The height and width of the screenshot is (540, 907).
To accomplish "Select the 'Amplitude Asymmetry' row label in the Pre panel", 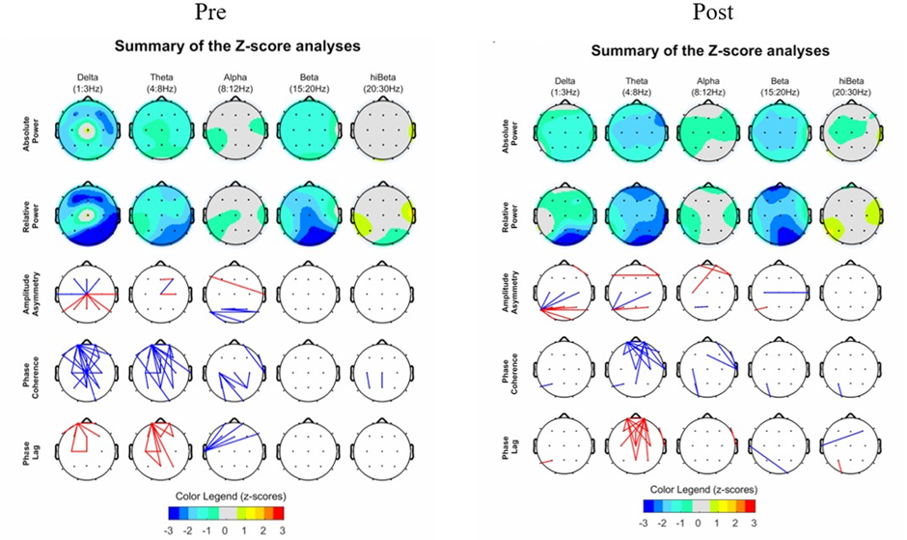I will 26,291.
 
